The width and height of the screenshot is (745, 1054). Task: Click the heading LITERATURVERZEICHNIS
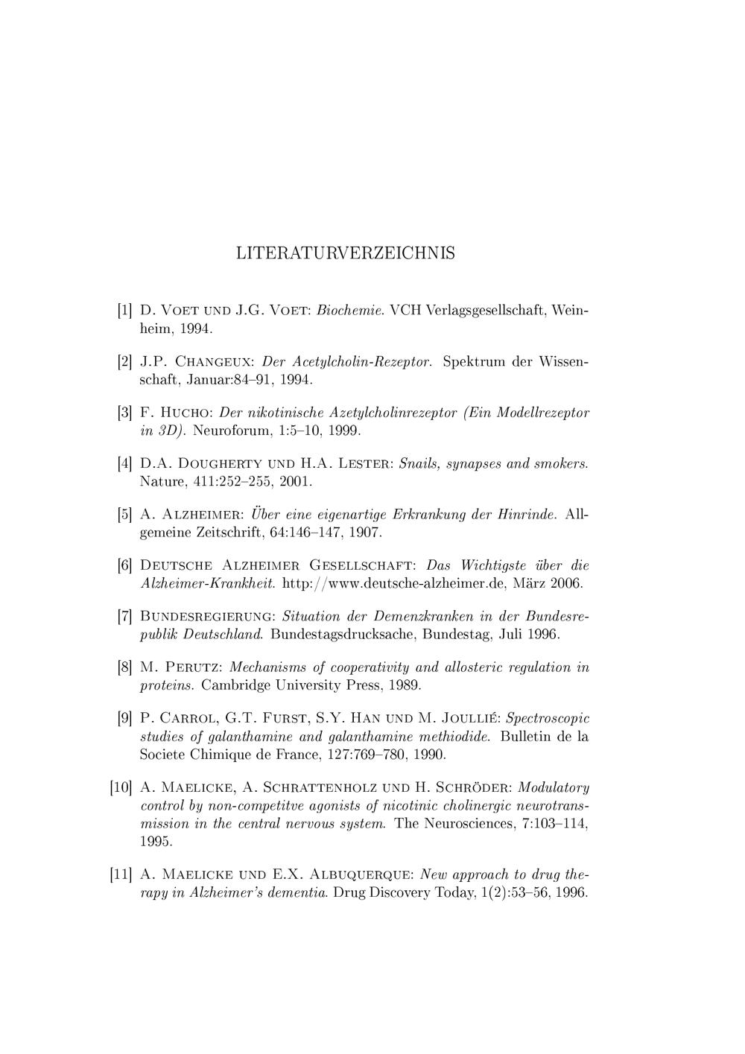[x=345, y=253]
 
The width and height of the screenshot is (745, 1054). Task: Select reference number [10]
[x=121, y=787]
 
